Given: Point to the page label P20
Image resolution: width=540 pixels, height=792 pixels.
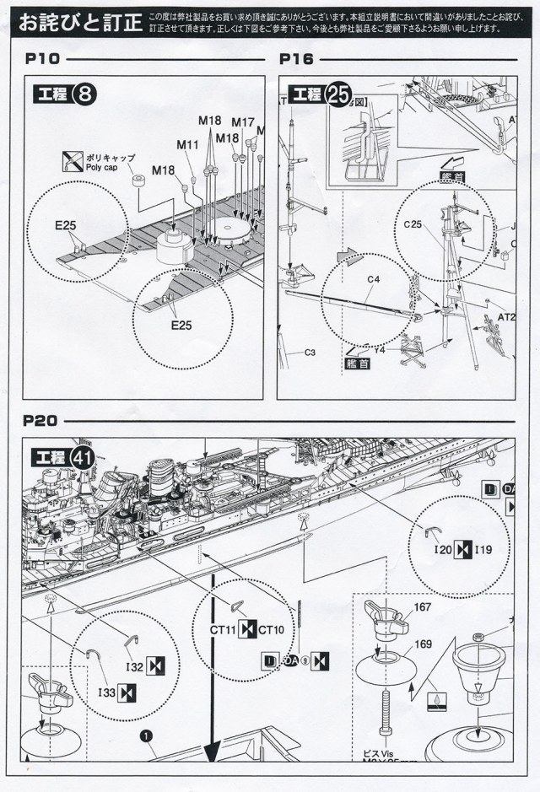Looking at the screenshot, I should (40, 419).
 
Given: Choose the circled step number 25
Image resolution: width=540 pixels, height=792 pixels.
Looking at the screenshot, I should (333, 94).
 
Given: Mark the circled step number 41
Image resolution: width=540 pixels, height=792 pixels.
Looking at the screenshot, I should (83, 458).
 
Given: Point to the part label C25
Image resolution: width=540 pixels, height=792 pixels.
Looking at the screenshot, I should (413, 224).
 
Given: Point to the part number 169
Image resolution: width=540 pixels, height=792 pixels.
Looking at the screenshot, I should (422, 644).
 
